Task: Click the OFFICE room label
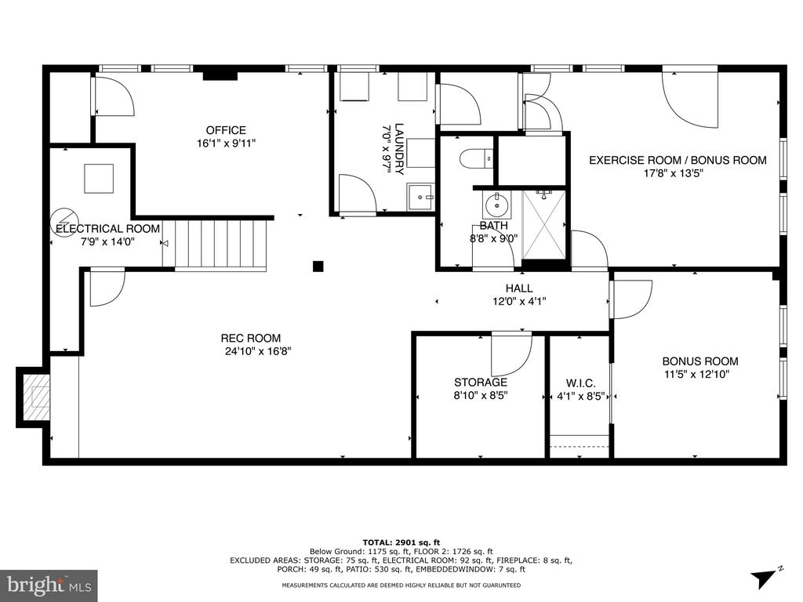coord(226,130)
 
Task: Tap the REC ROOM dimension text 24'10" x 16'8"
coord(258,351)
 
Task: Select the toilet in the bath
coord(477,158)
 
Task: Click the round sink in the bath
coord(496,205)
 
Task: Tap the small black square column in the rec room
coord(318,266)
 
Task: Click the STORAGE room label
coord(481,382)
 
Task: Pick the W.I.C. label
coord(581,383)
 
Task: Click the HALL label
coord(519,288)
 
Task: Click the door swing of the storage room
coord(512,355)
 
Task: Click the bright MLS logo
coord(49,585)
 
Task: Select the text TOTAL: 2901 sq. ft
coord(401,542)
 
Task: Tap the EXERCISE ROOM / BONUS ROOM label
coord(678,160)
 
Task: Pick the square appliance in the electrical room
coord(99,178)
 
